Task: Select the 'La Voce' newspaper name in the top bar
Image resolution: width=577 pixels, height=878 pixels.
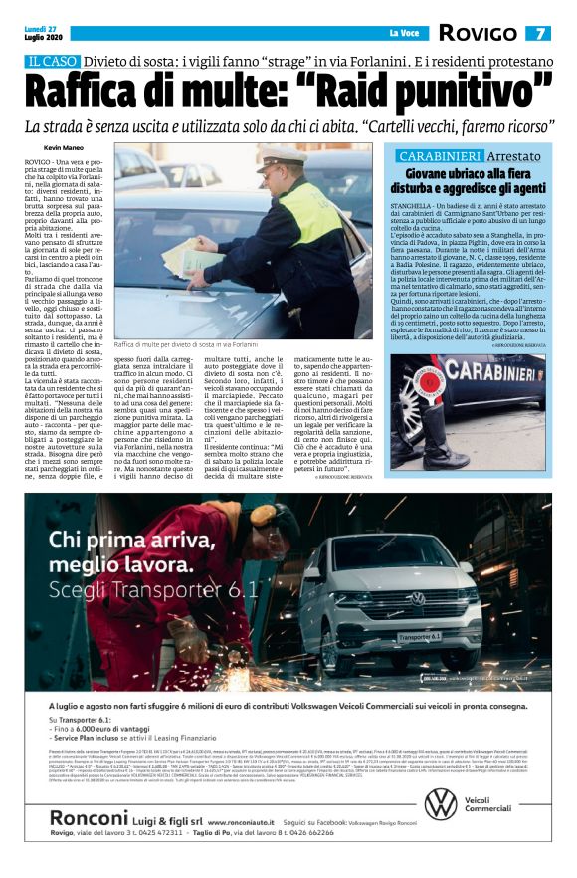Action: click(x=403, y=34)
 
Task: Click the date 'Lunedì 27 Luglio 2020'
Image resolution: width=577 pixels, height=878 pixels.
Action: click(x=43, y=34)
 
